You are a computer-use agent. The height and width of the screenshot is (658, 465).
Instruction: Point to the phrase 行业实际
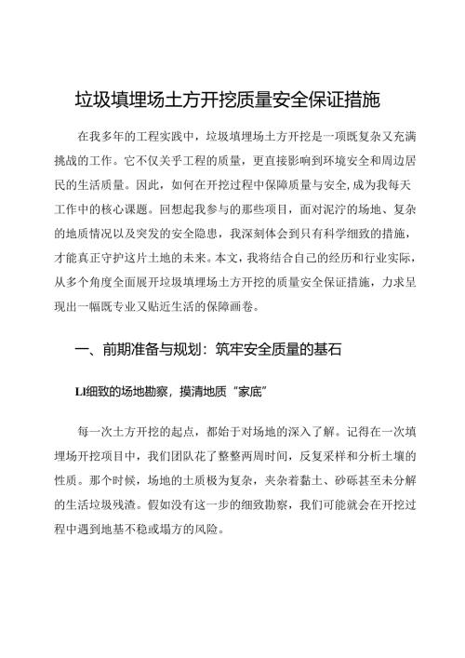(402, 254)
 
